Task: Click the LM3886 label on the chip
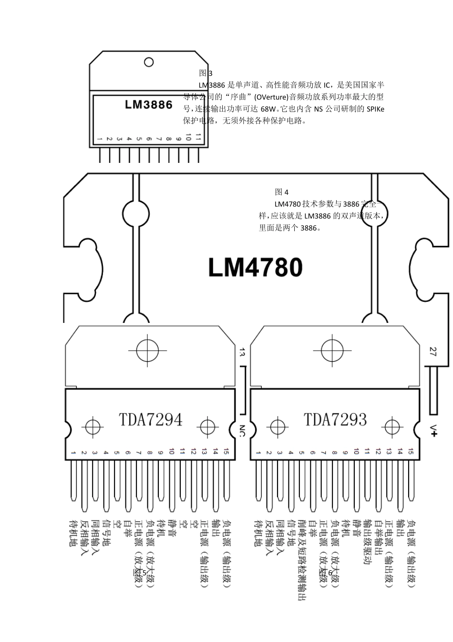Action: click(148, 104)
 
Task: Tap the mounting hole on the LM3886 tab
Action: click(149, 62)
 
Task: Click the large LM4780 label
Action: click(255, 268)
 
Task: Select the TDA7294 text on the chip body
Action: click(151, 419)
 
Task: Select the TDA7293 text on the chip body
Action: click(336, 419)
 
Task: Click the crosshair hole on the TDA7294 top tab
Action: click(147, 351)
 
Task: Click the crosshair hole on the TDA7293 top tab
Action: click(332, 351)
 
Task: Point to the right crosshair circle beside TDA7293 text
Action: click(392, 426)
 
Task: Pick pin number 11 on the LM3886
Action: click(198, 138)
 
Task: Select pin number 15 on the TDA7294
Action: click(226, 451)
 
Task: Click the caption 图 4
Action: click(282, 192)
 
